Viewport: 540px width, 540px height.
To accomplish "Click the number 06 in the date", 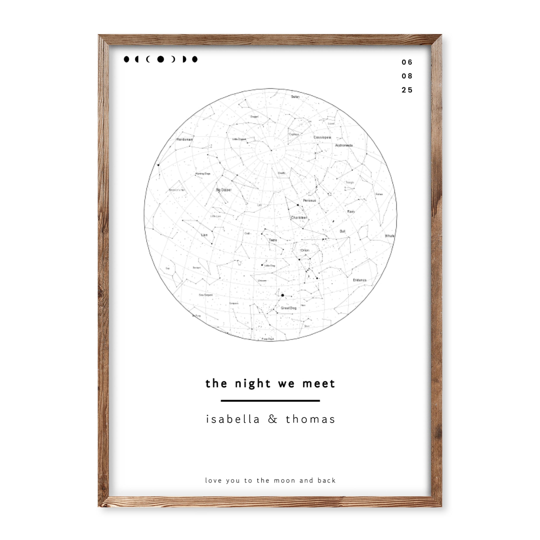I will point(407,62).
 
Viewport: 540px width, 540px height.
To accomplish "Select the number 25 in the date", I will point(407,90).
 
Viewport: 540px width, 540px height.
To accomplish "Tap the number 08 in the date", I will point(407,76).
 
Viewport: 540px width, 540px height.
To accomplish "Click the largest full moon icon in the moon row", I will point(160,59).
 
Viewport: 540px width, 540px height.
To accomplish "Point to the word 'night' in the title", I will point(253,384).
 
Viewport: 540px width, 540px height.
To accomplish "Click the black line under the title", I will point(270,400).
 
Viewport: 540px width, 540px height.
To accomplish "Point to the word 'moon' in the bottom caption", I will point(284,480).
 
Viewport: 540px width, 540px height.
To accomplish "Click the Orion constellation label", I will point(305,250).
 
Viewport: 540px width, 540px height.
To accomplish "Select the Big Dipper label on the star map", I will point(224,190).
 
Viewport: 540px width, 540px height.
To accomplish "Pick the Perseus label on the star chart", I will point(309,200).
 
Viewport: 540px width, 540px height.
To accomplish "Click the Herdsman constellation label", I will point(184,139).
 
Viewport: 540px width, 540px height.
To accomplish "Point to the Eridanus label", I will point(359,280).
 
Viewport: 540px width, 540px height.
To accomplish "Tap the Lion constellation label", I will point(204,235).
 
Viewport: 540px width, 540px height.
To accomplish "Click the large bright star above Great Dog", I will point(283,295).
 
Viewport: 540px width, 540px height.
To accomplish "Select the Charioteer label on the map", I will point(299,218).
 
